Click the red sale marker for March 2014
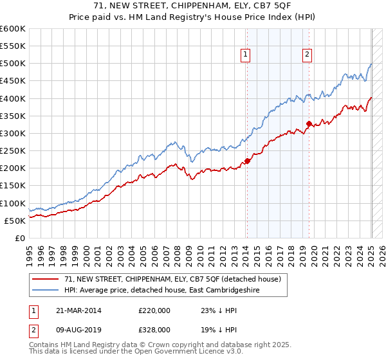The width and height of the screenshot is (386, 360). pyautogui.click(x=247, y=161)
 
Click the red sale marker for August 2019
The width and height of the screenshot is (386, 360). pyautogui.click(x=309, y=123)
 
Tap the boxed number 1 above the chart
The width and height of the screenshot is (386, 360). pyautogui.click(x=246, y=55)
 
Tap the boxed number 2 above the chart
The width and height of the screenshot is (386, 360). pyautogui.click(x=308, y=55)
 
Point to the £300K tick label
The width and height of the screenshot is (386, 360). pyautogui.click(x=13, y=134)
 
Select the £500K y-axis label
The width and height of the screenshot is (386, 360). pyautogui.click(x=13, y=64)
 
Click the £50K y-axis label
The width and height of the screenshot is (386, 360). pyautogui.click(x=15, y=221)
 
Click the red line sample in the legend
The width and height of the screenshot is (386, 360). pyautogui.click(x=46, y=279)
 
